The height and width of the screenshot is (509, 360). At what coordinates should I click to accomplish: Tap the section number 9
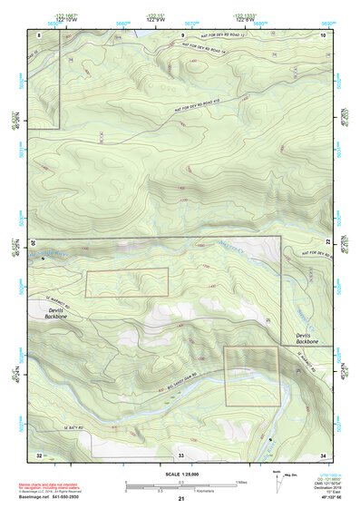181,34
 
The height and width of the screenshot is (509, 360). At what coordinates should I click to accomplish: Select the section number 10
323,34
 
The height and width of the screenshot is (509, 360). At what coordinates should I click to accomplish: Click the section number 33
181,454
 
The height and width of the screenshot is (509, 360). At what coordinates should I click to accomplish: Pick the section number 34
323,454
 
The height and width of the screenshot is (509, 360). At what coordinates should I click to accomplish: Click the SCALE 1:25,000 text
181,474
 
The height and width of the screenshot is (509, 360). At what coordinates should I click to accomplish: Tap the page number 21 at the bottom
181,500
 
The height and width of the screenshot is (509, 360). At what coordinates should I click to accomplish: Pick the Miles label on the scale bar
239,482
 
